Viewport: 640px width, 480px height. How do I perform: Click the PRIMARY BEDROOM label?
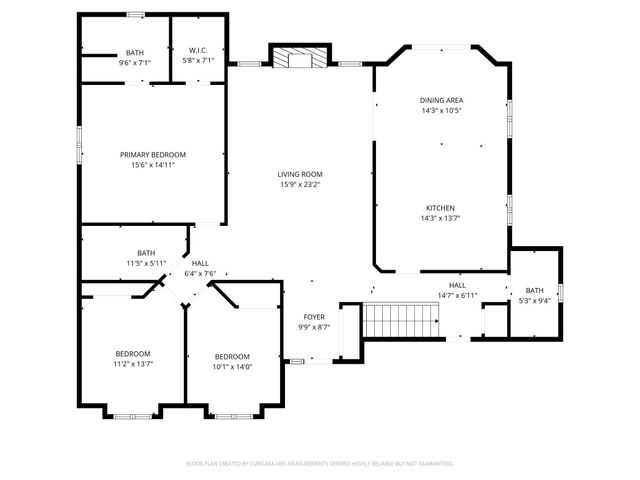pos(153,154)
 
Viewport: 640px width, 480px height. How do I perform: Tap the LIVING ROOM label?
pos(300,174)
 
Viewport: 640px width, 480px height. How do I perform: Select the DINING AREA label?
pos(441,100)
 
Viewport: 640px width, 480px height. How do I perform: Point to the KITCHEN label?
pos(441,207)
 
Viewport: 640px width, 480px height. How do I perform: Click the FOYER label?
pos(313,317)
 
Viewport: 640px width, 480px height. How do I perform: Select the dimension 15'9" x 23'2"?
pos(300,184)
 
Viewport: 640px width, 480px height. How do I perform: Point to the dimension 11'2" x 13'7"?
pos(132,364)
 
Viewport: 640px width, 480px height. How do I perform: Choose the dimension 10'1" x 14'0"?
pos(232,367)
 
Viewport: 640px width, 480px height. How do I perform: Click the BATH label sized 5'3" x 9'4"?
pos(535,291)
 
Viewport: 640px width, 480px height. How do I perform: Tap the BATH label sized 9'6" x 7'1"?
pos(134,52)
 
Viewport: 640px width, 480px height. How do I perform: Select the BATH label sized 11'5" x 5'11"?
pos(147,253)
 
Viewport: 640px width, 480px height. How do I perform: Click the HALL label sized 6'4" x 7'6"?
pos(200,263)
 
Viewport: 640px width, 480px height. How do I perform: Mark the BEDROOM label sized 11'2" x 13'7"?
pos(132,354)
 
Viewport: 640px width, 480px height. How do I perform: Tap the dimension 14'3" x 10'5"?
pos(441,110)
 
